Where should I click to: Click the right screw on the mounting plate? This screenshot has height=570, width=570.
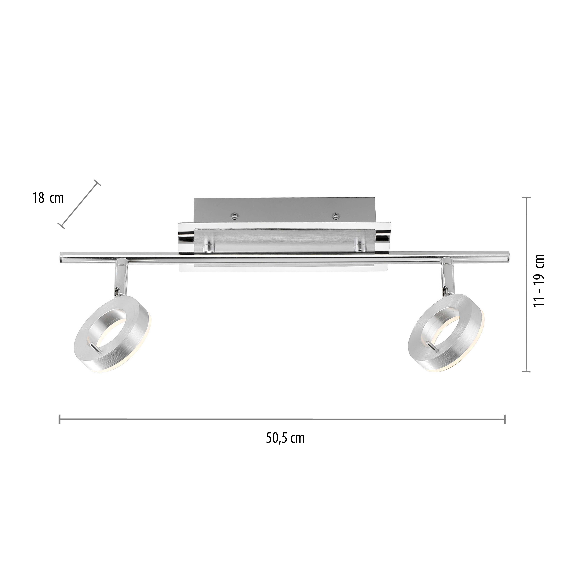(x=335, y=216)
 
